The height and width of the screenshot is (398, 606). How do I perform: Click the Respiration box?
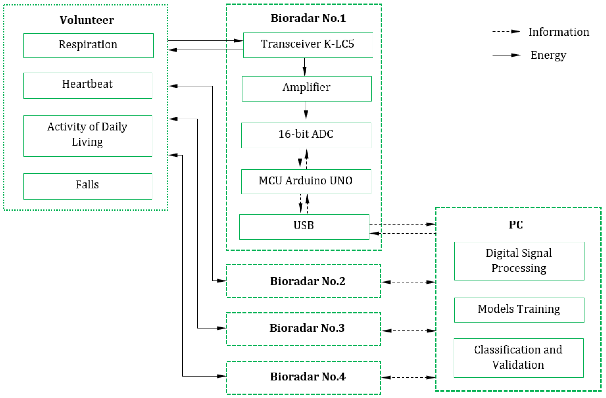coord(88,45)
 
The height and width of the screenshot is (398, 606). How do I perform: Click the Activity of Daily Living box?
coord(88,136)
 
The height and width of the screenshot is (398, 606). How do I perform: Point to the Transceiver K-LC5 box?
coord(308,45)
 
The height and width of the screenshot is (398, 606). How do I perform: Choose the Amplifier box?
coord(307,88)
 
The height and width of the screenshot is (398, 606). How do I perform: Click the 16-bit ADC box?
coord(306,135)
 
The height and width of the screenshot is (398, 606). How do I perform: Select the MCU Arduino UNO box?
coord(306,181)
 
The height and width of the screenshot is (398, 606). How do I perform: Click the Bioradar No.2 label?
coord(308,281)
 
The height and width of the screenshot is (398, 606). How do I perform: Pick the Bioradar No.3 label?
coord(307,328)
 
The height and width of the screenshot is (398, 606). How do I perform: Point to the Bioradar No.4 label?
coord(308,376)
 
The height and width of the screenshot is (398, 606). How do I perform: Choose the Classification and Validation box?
coord(518,357)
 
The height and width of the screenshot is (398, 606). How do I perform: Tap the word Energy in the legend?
coord(548,55)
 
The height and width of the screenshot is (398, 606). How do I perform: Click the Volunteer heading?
coord(87,20)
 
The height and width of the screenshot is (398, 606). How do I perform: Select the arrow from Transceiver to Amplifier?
coord(304,67)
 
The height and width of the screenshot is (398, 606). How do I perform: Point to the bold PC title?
coord(516,225)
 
